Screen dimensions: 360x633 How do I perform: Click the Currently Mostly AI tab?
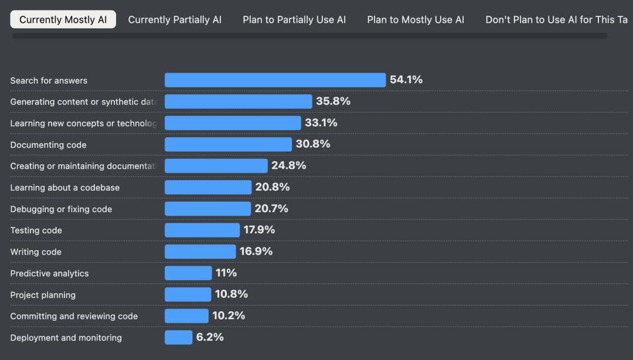63,19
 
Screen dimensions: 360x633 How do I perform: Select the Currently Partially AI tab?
175,19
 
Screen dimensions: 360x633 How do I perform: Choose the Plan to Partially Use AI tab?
294,19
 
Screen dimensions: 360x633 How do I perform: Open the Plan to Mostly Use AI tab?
416,19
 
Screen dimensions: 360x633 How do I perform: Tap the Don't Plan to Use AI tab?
557,19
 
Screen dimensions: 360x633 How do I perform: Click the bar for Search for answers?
275,80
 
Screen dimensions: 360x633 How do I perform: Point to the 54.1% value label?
406,80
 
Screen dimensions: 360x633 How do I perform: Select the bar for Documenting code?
228,144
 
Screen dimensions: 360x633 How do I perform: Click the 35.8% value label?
333,101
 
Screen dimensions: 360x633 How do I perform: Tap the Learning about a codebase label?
64,188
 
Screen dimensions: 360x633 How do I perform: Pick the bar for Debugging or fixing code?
207,209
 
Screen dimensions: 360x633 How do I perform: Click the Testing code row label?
36,230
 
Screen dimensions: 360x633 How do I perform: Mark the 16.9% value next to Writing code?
256,252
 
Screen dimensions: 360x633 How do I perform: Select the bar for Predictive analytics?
188,273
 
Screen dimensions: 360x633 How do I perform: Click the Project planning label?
43,295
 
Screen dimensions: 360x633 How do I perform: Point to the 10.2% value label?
229,315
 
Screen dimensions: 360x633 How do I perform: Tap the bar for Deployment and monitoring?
178,337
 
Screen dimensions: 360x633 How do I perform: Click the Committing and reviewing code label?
74,316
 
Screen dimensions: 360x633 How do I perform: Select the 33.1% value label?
321,123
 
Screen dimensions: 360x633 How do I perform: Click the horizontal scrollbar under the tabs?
309,36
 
